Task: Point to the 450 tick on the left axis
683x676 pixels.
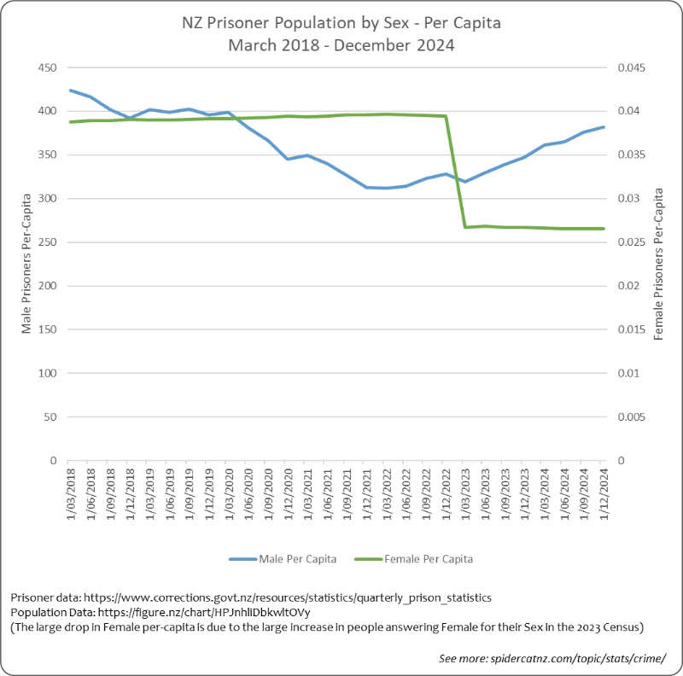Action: pos(48,67)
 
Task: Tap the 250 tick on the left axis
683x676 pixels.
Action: pos(48,242)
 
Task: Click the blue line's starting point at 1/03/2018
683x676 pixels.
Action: pos(70,90)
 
